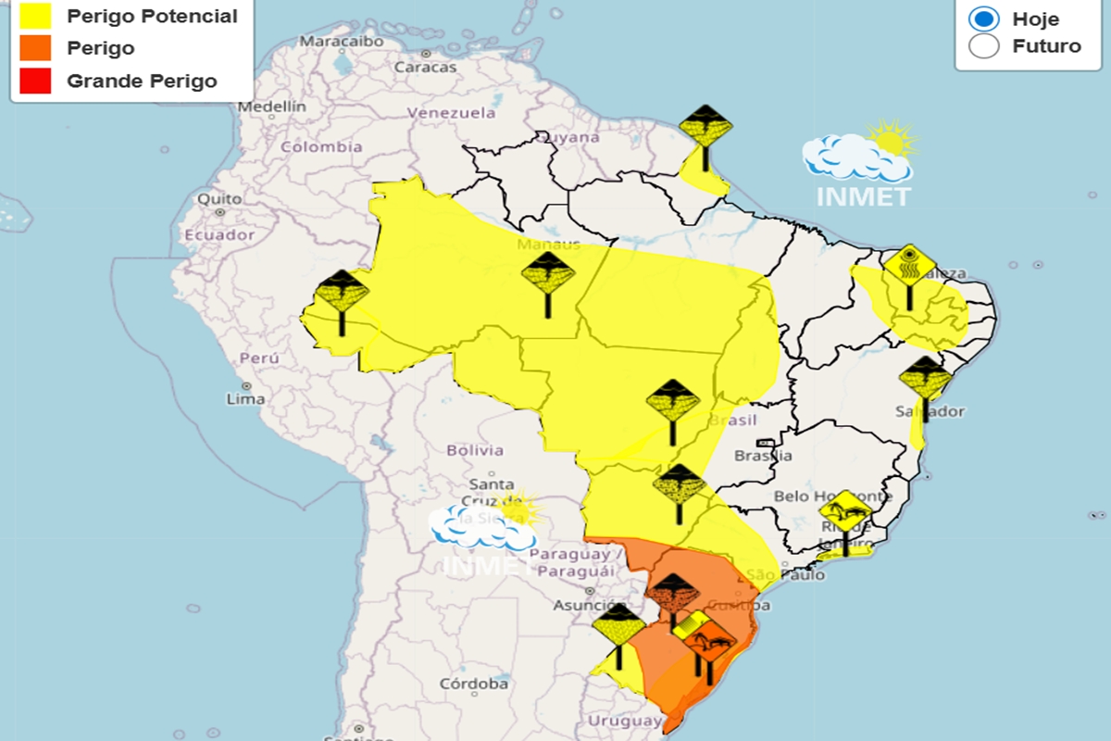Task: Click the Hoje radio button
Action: (983, 19)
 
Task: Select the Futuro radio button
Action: (983, 46)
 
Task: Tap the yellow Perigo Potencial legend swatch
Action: (34, 16)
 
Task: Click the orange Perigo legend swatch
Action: (34, 48)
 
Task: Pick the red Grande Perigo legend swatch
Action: (34, 81)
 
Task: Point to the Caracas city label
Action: (425, 68)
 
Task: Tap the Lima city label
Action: (245, 399)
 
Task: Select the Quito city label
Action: (219, 199)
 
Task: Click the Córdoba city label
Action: (474, 684)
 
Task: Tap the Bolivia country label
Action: (475, 450)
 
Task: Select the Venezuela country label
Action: (452, 113)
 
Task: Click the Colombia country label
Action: (321, 146)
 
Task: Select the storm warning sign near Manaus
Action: (548, 274)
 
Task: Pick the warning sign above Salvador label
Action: (925, 378)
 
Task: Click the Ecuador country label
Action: (218, 235)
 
